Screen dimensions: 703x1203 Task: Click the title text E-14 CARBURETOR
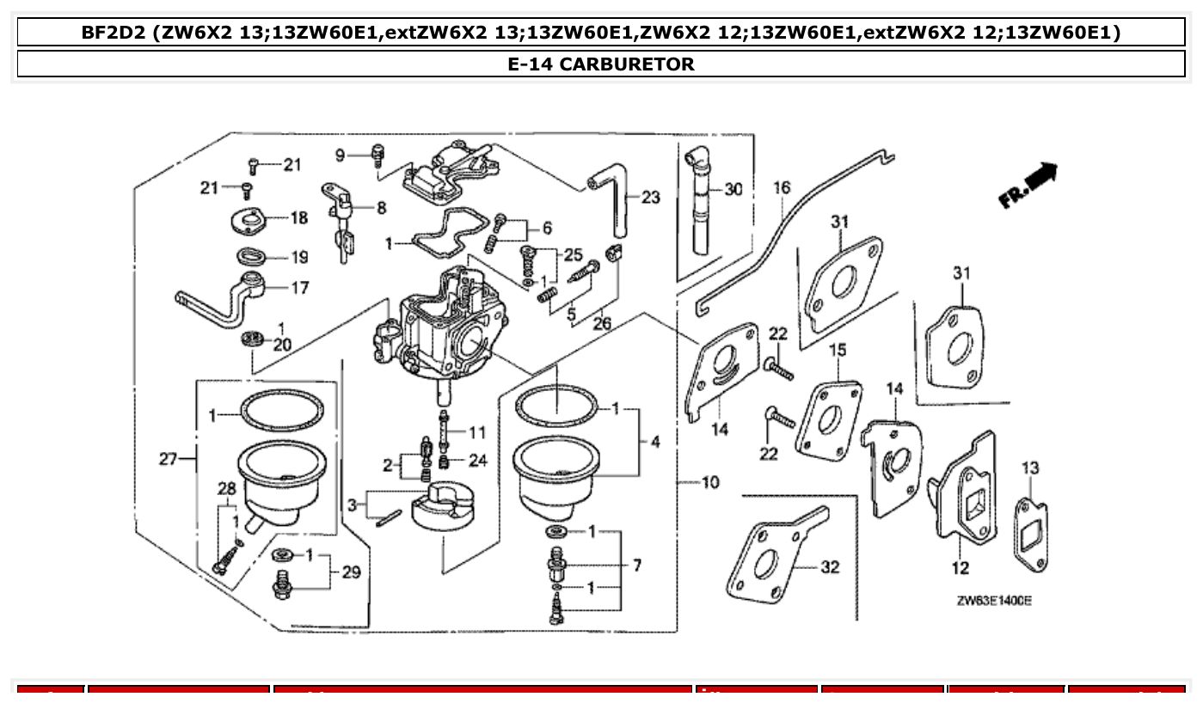click(601, 64)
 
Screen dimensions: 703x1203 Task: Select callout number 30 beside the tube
click(733, 189)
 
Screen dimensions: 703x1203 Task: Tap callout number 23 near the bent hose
click(651, 198)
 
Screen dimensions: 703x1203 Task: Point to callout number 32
click(830, 567)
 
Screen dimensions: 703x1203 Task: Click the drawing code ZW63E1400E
click(994, 601)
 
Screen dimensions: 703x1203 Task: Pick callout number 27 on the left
click(168, 459)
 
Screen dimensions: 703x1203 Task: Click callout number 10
click(710, 482)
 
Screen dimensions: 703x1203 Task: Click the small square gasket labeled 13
click(1032, 533)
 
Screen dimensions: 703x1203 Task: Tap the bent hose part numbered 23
click(615, 206)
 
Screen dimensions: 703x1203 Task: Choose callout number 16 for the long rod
click(781, 187)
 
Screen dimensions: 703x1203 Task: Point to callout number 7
click(636, 565)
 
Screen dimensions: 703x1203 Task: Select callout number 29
click(351, 572)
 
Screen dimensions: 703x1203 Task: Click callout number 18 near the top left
click(298, 217)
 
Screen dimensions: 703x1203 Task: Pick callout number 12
click(961, 567)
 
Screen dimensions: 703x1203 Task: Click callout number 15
click(838, 350)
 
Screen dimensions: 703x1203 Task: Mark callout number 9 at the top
click(340, 155)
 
